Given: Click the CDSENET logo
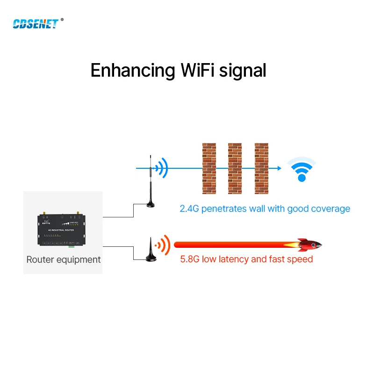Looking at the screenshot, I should point(35,23).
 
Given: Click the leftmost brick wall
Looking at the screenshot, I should point(209,169).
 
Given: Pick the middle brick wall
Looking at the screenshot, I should point(235,169).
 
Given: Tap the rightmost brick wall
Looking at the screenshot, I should point(261,169).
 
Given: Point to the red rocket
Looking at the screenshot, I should point(309,244).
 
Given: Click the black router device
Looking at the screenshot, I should point(63,230).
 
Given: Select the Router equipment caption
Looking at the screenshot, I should point(64,259).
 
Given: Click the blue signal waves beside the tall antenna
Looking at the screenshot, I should point(162,168).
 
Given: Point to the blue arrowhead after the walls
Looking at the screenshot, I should point(279,168).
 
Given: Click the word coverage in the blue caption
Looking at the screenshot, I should point(331,209).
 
